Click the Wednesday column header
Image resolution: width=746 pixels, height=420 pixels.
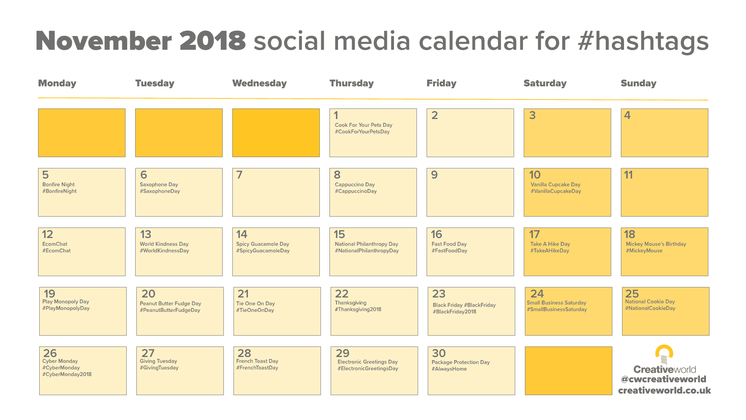coord(259,83)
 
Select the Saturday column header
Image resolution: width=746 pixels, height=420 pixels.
coord(545,83)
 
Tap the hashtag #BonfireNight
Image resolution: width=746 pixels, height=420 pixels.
coord(59,191)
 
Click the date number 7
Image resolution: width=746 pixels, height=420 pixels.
coord(239,175)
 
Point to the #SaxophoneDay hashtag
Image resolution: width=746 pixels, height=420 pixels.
coord(160,191)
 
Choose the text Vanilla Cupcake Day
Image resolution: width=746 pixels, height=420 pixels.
coord(555,185)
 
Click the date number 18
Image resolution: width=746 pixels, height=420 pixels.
coord(629,234)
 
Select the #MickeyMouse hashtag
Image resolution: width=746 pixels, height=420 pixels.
coord(644,251)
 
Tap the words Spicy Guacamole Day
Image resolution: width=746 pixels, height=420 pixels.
coord(263,244)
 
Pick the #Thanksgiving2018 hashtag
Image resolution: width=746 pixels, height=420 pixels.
coord(358,310)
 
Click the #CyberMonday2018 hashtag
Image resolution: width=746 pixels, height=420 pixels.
coord(67,374)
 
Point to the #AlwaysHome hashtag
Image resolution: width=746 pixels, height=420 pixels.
coord(449,369)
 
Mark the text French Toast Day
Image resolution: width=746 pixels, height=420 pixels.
coord(257,361)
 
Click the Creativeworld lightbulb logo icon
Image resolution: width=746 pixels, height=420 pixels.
coord(664,354)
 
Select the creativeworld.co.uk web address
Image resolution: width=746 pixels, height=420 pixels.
coord(664,390)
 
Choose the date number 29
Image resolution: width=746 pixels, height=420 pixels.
coord(343,353)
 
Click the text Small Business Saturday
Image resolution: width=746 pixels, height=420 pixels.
coord(556,303)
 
